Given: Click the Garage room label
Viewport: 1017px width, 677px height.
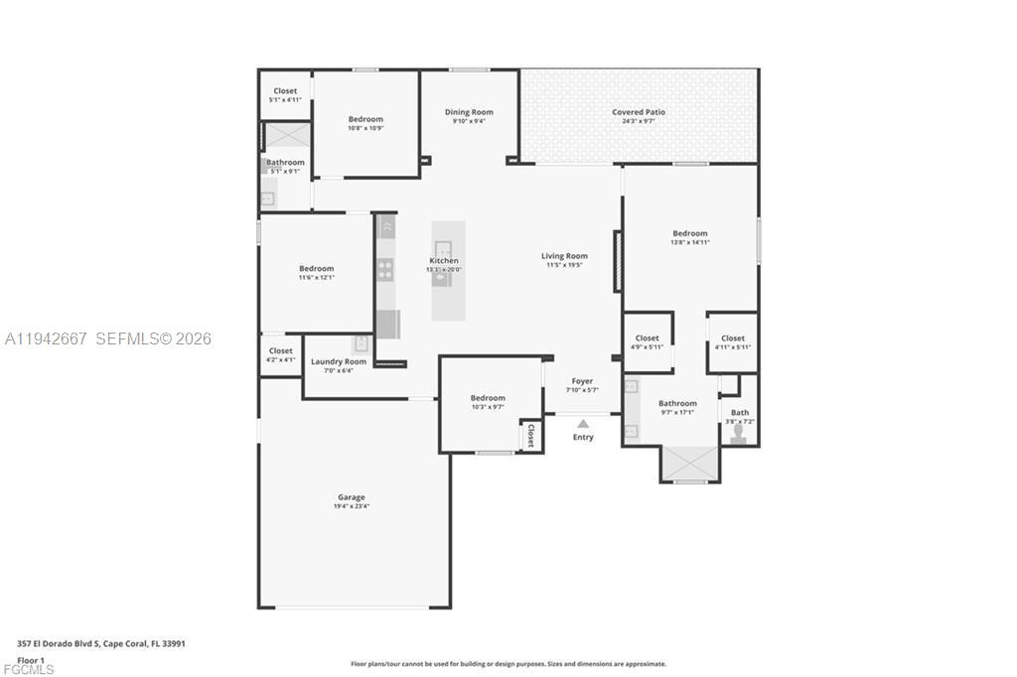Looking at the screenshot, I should tap(351, 497).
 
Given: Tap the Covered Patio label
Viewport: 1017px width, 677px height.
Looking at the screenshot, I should tap(638, 112).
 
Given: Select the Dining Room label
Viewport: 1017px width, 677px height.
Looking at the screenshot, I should tap(469, 112).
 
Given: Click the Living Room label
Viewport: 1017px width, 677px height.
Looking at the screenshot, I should tap(564, 256).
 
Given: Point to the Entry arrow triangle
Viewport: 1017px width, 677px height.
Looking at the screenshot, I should tap(583, 424).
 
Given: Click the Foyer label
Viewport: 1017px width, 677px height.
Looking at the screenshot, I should tap(582, 381).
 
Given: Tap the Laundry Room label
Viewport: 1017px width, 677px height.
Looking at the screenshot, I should tap(339, 361).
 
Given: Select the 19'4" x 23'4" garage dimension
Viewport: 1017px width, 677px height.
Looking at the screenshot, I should tap(351, 506).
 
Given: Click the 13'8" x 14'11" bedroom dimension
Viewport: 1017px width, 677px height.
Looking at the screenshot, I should tap(689, 242).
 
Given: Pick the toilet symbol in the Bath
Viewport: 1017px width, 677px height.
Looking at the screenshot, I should tap(739, 434).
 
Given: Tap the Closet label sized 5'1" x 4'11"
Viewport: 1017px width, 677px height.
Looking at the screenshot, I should tap(285, 91).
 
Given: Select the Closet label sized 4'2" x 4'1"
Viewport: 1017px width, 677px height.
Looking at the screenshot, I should tap(281, 350).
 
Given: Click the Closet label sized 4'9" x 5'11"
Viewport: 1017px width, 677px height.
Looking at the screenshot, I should tap(647, 338).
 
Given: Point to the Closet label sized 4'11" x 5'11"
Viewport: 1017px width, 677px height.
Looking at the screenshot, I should tap(733, 338).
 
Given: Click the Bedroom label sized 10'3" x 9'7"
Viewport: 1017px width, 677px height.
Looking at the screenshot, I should tap(488, 398).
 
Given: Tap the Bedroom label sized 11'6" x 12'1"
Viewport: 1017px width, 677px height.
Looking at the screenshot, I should tap(316, 268).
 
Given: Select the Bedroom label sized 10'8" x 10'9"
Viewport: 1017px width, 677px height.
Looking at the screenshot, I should tap(365, 119).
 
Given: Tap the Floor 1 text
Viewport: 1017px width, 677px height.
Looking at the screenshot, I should tap(31, 659).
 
